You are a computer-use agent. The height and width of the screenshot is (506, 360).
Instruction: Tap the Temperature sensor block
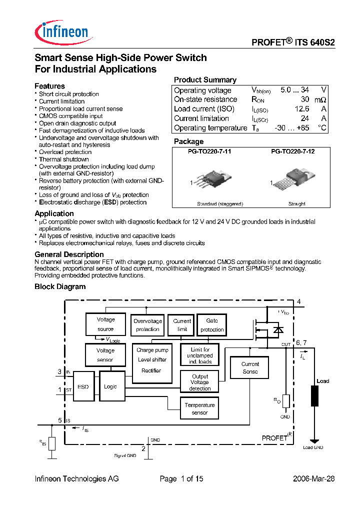click(x=199, y=408)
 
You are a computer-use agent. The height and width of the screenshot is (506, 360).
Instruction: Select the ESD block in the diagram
click(x=83, y=386)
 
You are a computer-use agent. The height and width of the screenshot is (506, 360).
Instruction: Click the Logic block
click(x=110, y=386)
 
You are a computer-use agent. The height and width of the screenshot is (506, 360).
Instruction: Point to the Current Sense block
click(x=250, y=367)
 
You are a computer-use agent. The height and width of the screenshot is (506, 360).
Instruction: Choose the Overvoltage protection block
click(x=148, y=325)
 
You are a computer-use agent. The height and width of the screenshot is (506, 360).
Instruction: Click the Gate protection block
click(x=212, y=325)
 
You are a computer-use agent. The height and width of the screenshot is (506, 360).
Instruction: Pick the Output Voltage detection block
click(x=200, y=382)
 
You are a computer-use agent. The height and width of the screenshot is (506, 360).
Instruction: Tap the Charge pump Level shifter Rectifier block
click(x=152, y=362)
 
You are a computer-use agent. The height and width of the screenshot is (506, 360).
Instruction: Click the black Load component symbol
click(x=315, y=396)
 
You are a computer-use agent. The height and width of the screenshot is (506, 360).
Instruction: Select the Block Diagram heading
click(x=60, y=286)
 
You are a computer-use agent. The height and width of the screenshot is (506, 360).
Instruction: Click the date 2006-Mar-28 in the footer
click(x=313, y=478)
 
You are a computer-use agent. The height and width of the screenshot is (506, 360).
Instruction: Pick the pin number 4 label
click(x=298, y=301)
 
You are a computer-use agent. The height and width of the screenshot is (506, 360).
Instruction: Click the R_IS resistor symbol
click(x=51, y=442)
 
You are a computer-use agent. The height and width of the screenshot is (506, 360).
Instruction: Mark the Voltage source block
click(x=105, y=324)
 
